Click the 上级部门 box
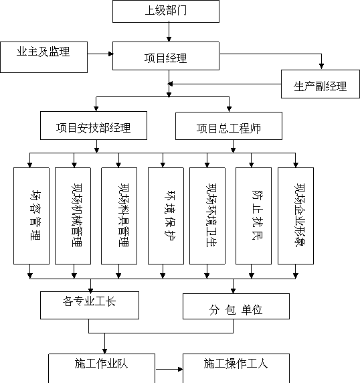tap(166, 11)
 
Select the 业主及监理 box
tap(44, 57)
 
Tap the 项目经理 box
tap(166, 56)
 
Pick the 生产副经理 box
tap(321, 84)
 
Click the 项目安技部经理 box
tap(94, 126)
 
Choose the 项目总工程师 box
tap(229, 126)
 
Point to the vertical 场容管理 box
tap(31, 216)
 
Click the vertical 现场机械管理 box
tap(73, 216)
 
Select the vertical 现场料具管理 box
tap(119, 216)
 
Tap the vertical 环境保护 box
tap(166, 216)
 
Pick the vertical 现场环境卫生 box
tap(207, 216)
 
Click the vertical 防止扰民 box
tap(254, 216)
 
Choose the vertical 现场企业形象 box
tap(296, 216)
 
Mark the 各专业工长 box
tap(90, 305)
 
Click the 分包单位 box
tap(236, 306)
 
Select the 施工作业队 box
tap(102, 368)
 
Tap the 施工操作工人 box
tap(236, 368)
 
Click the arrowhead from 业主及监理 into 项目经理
tap(111, 54)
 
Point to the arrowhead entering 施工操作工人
tap(181, 369)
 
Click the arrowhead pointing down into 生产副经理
tap(321, 66)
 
